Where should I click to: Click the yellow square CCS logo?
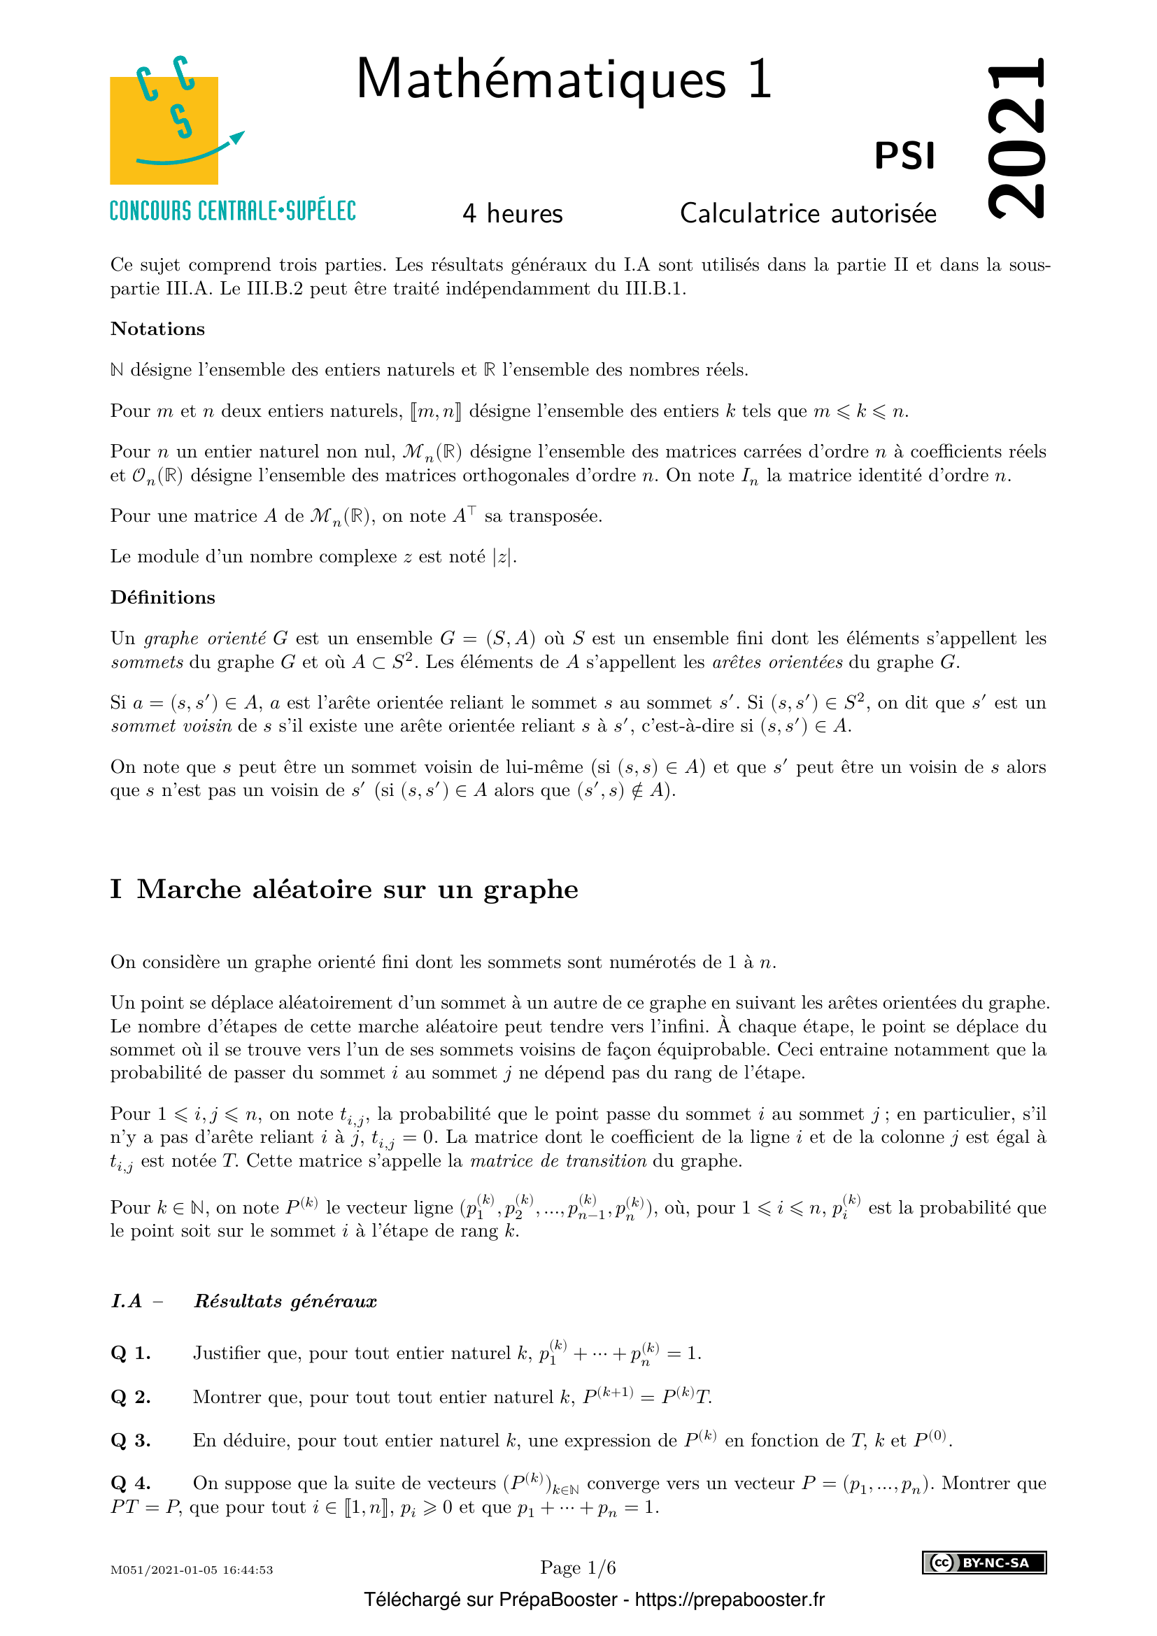point(164,129)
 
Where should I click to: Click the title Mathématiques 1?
point(564,79)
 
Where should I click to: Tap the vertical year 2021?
point(1016,138)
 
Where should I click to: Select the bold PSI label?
point(904,156)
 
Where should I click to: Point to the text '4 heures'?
point(512,214)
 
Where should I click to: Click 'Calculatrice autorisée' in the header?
point(808,214)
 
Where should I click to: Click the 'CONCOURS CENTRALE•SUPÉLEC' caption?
point(233,211)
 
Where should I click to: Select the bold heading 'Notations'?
point(157,329)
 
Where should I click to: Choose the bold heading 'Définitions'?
point(162,598)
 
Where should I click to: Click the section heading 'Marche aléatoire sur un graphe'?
point(357,889)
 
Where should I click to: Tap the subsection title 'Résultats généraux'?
point(285,1302)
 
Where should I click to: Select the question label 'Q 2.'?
point(130,1397)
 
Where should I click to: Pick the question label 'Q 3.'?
point(130,1441)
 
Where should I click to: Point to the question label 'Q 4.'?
point(130,1484)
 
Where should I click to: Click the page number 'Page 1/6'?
point(578,1567)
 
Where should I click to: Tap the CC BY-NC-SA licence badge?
point(984,1563)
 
